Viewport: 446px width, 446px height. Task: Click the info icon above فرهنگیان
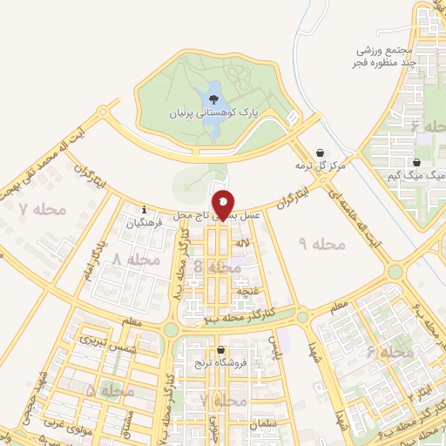(145, 209)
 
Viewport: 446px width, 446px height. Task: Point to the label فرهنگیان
(145, 222)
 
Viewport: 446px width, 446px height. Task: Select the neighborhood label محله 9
(322, 245)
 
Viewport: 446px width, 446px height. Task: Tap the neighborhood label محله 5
(111, 391)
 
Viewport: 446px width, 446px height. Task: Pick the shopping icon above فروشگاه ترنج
(221, 348)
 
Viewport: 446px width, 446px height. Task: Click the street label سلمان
(258, 424)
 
